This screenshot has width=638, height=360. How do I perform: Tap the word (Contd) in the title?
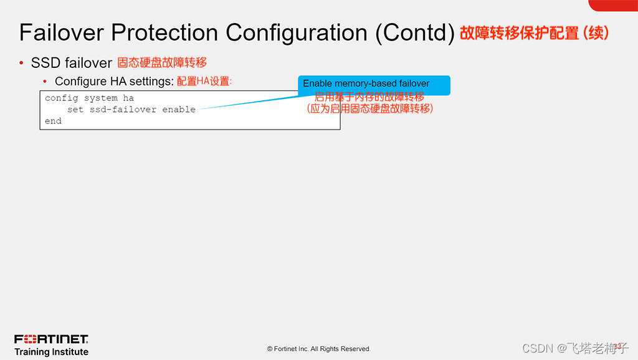(x=414, y=32)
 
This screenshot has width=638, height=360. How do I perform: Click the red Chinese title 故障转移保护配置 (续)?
(x=534, y=33)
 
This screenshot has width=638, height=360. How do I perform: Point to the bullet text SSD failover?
(x=71, y=63)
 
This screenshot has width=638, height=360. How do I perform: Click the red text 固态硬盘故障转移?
(x=162, y=63)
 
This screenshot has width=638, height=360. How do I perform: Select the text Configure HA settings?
(x=114, y=82)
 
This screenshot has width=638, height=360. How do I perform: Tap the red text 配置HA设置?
(x=204, y=82)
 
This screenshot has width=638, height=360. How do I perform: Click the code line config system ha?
(x=89, y=98)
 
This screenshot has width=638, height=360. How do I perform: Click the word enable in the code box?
(x=179, y=110)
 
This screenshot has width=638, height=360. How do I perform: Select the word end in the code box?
(x=53, y=121)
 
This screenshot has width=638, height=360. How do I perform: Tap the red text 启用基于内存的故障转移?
(x=369, y=97)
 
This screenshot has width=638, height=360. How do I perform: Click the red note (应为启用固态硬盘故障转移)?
(x=369, y=108)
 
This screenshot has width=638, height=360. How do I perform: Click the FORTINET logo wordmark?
(x=51, y=339)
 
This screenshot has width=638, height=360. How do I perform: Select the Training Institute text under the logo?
(x=51, y=352)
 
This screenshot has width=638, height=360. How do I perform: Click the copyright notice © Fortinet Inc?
(x=318, y=349)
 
